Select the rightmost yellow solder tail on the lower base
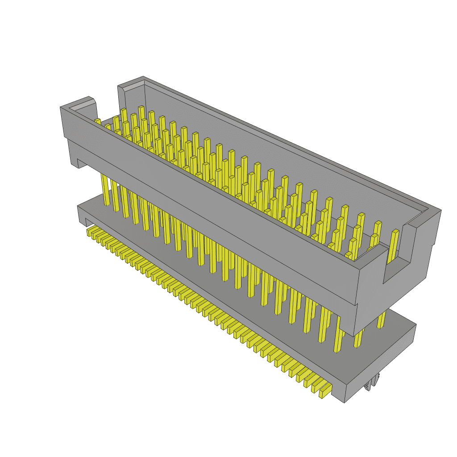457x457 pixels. pyautogui.click(x=325, y=391)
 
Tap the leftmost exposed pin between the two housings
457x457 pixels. pyautogui.click(x=105, y=190)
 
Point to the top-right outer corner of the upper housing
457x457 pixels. pyautogui.click(x=440, y=210)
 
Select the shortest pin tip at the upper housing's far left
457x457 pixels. pyautogui.click(x=97, y=121)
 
